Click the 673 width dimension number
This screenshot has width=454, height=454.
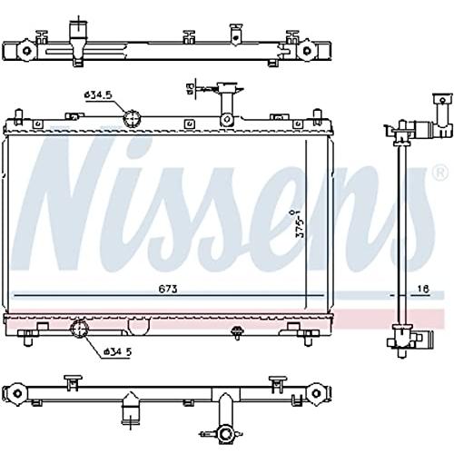click(168, 290)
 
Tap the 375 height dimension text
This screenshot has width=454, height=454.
click(301, 223)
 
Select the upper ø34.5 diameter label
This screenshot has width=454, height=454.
click(98, 95)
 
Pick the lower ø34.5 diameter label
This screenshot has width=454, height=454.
click(118, 351)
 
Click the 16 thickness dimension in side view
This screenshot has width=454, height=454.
click(423, 290)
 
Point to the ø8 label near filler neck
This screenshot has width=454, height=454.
click(190, 89)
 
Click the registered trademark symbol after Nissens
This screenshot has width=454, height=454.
click(442, 173)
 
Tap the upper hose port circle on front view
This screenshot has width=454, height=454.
click(133, 119)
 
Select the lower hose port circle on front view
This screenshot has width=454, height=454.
click(79, 329)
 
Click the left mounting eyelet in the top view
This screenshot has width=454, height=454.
click(26, 50)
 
